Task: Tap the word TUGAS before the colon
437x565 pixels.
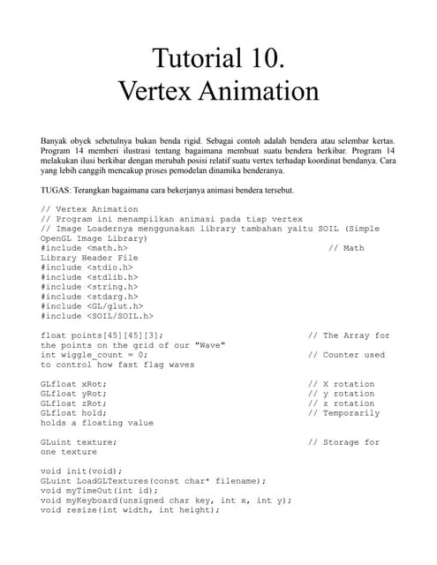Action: coord(57,190)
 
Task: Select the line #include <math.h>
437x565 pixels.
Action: coord(89,248)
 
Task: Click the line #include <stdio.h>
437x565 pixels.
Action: coord(89,267)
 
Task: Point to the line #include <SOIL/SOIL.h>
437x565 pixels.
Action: coord(97,316)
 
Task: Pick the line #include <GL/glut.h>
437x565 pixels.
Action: coord(92,306)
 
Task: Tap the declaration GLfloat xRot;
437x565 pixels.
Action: coord(74,384)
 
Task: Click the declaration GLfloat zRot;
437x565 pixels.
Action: coord(74,403)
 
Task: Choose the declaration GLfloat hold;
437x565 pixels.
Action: coord(74,413)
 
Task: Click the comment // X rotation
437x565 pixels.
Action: coord(341,384)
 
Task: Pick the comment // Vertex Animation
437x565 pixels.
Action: coord(90,209)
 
